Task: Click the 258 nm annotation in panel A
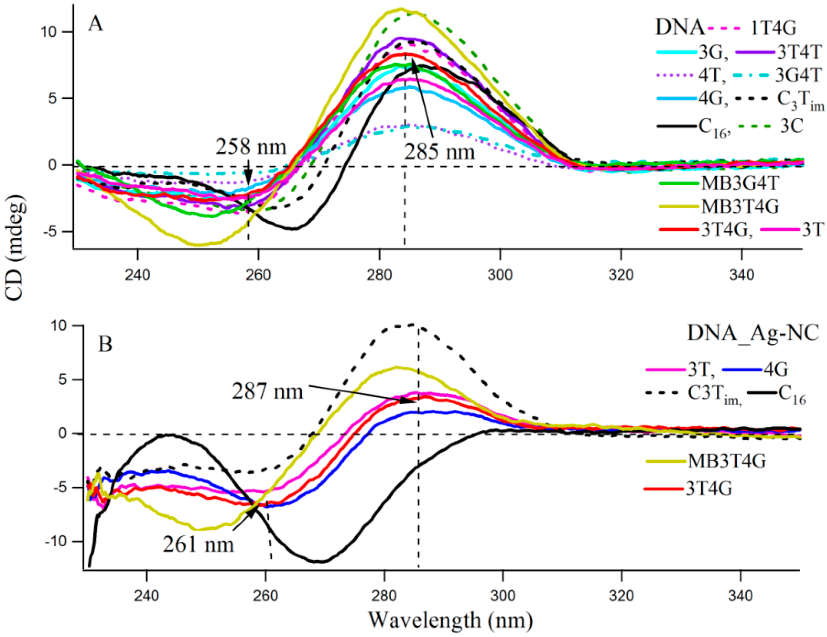[251, 147]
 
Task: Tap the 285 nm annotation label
[439, 153]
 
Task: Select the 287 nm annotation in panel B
[268, 391]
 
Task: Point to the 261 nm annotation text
[198, 544]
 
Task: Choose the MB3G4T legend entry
[740, 183]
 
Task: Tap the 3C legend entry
[791, 127]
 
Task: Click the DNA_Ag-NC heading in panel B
[753, 333]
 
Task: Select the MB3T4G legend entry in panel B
[727, 461]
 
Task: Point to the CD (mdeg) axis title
[17, 250]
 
